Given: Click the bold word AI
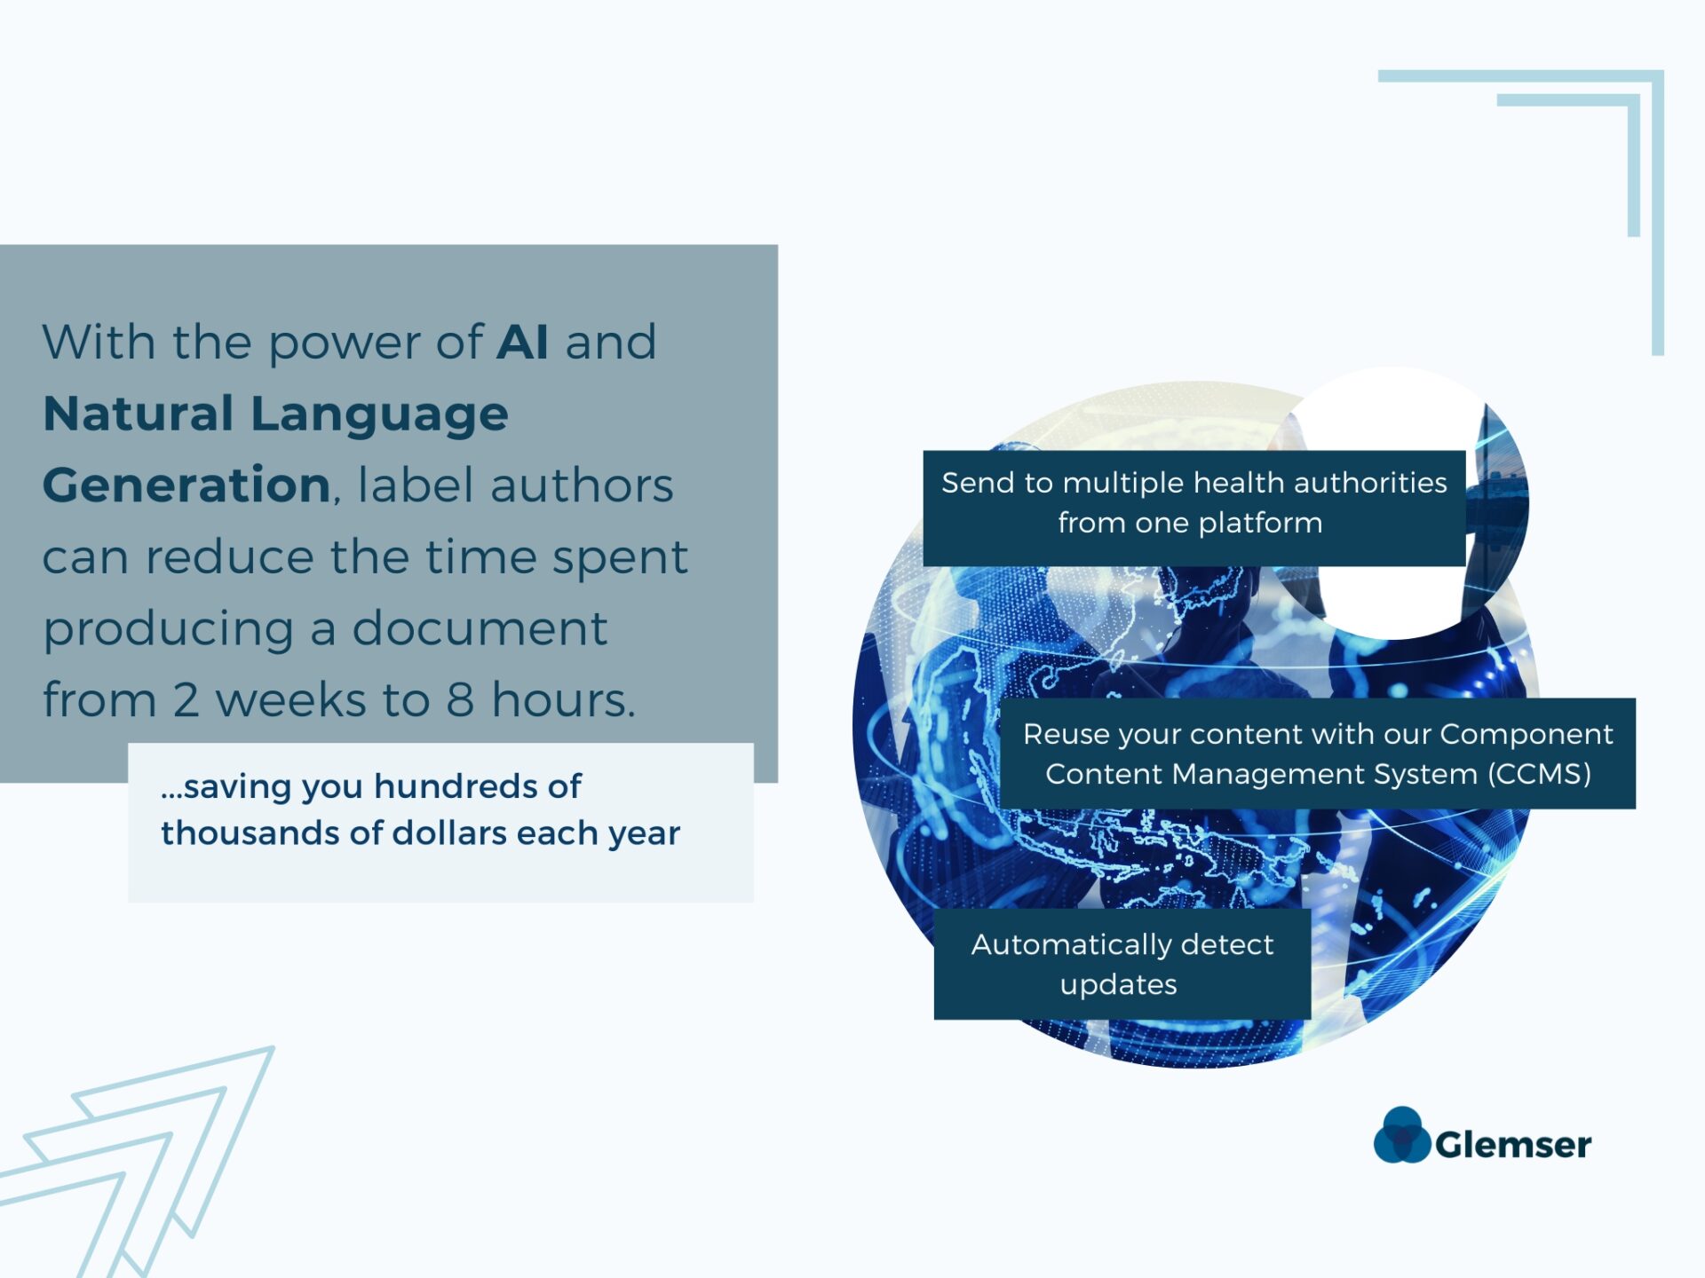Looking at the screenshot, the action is [x=522, y=342].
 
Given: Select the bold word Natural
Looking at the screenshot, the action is [x=139, y=414].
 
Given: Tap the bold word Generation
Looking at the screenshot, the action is [x=186, y=485].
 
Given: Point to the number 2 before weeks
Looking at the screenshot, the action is [x=186, y=699].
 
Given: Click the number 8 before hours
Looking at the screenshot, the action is [x=460, y=699].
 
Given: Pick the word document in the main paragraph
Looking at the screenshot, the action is [x=480, y=628].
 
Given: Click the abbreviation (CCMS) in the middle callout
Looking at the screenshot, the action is [x=1540, y=774].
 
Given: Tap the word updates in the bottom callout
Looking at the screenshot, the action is [x=1119, y=985].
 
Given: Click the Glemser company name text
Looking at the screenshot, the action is [x=1513, y=1145].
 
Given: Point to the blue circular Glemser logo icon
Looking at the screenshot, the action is [x=1402, y=1134].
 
